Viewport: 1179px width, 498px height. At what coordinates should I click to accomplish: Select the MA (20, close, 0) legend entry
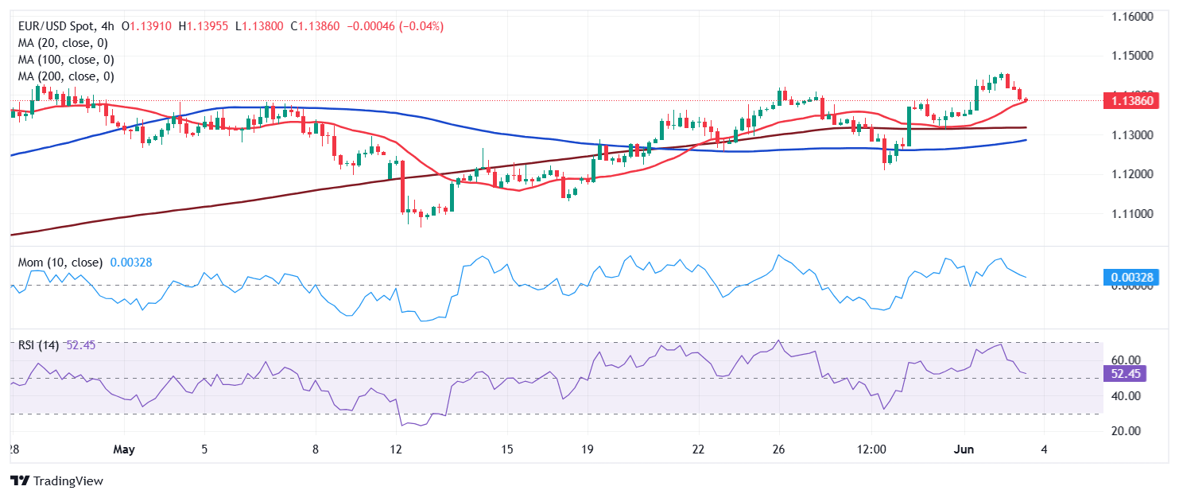[63, 43]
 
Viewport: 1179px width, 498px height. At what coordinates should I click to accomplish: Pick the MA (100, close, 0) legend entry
[66, 60]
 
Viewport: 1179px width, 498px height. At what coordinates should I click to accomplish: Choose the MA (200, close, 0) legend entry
[66, 76]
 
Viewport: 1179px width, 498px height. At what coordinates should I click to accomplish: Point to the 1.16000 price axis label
[1131, 17]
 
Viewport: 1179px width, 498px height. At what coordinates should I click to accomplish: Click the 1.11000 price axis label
[1131, 214]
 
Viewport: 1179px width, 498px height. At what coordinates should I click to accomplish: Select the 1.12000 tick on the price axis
[1131, 174]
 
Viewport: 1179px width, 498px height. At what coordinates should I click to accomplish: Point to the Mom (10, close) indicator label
[60, 262]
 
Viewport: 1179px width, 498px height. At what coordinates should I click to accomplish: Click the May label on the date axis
[124, 449]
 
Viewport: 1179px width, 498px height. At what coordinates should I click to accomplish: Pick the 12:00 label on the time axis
[872, 449]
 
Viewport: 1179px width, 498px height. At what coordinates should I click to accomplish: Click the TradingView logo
[56, 481]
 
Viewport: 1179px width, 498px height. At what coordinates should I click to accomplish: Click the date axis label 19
[588, 449]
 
